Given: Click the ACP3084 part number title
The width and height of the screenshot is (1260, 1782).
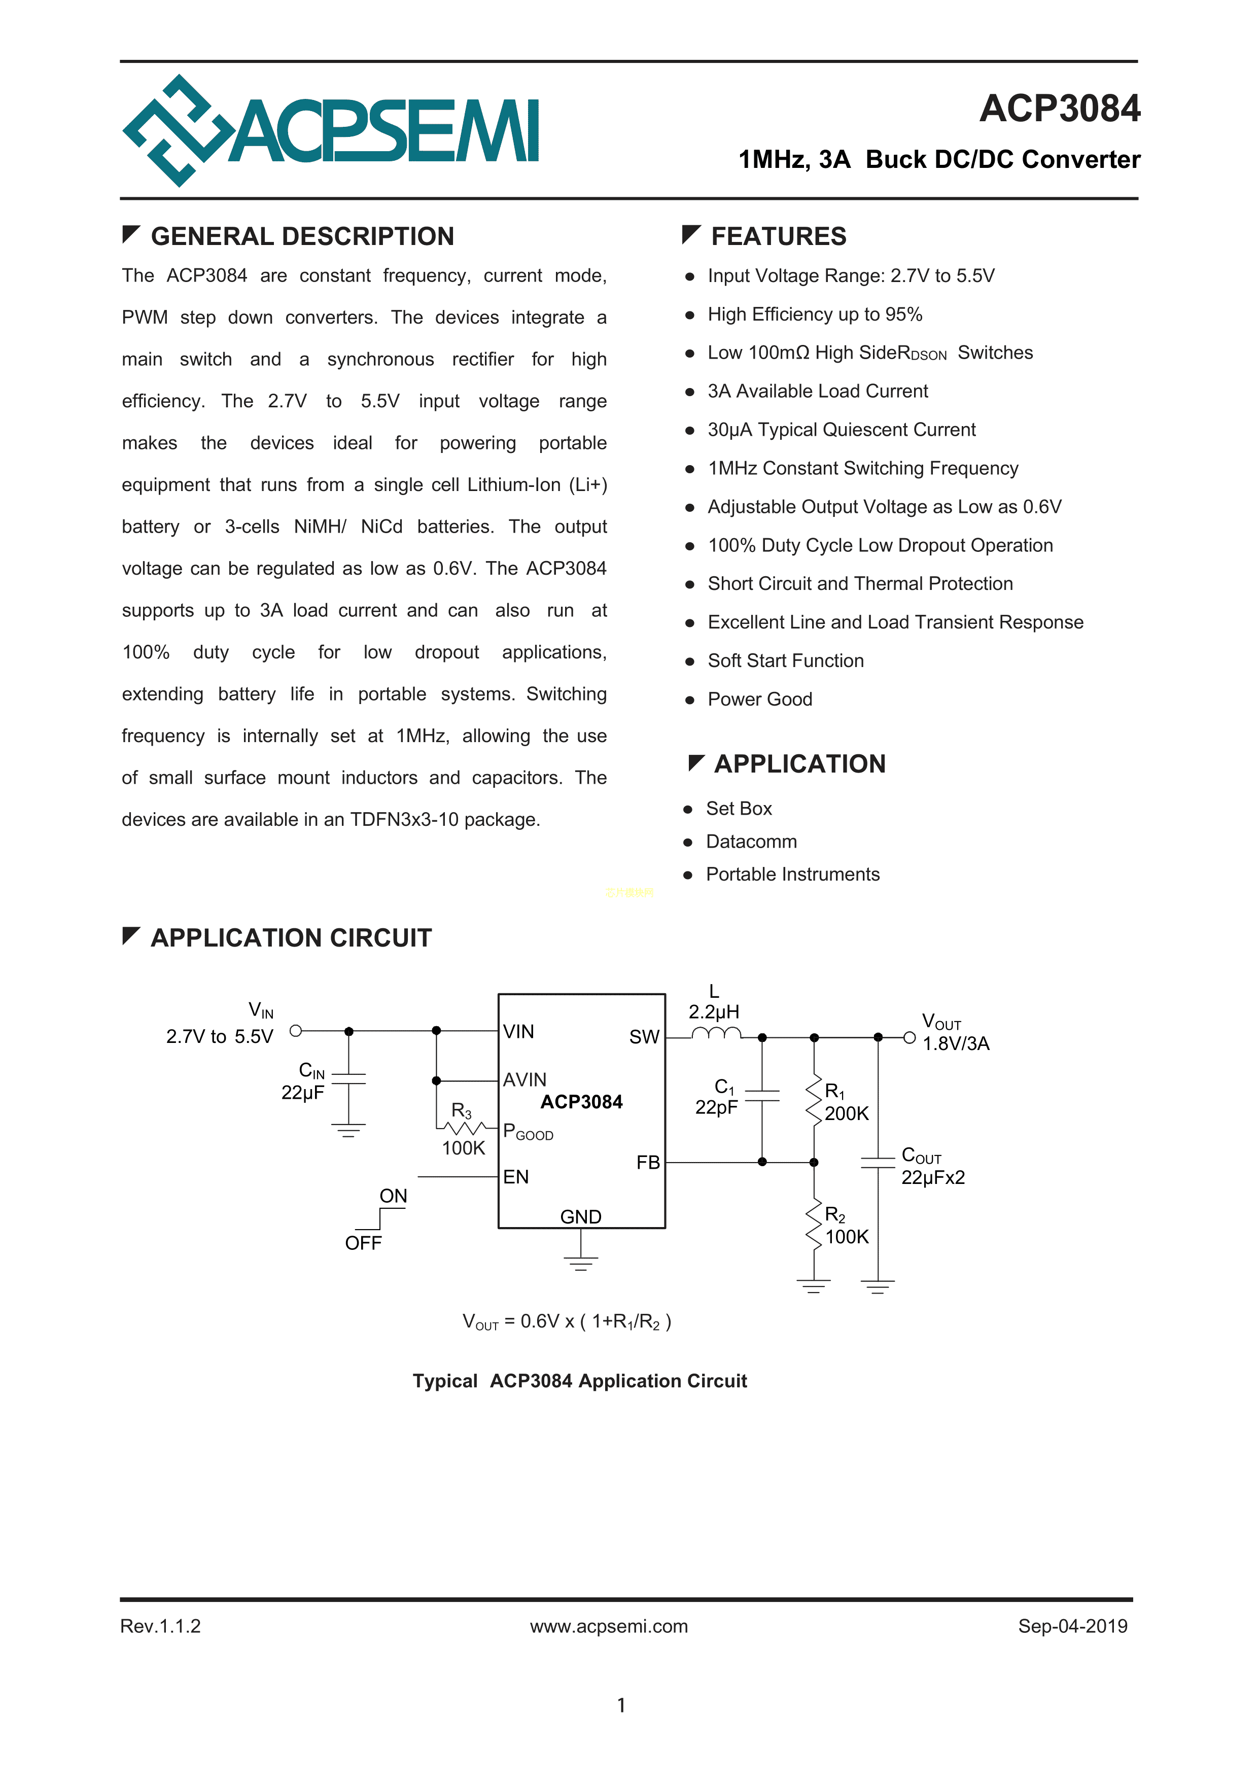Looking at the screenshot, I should pos(1059,109).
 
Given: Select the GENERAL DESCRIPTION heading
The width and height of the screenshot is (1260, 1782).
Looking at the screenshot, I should pos(302,236).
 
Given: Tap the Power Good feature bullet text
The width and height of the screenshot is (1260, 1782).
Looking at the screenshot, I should pos(759,700).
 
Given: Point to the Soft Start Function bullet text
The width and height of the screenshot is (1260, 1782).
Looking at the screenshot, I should pos(785,660).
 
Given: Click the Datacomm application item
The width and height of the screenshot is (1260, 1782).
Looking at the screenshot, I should pos(751,842).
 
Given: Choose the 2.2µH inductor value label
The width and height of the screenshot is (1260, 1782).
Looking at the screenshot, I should pos(714,1012).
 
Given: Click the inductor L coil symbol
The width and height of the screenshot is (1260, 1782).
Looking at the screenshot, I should pos(716,1033).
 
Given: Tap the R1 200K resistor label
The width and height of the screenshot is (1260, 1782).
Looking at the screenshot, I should pos(846,1103).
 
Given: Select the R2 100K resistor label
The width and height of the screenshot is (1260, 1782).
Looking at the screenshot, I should pos(846,1226).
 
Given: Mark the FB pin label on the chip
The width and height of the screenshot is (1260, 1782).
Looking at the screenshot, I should pos(647,1162).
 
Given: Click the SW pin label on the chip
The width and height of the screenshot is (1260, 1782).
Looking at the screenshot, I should pos(644,1037).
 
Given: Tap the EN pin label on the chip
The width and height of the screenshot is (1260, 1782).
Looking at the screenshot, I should pos(515,1177).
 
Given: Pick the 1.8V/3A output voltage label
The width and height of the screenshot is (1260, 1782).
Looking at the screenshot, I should pos(956,1044).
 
